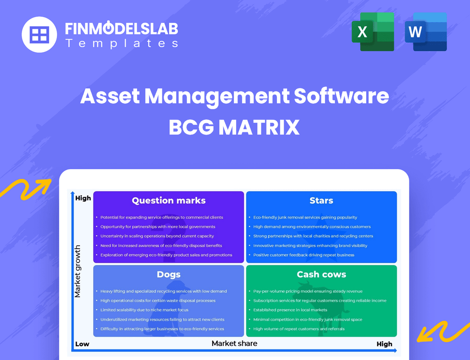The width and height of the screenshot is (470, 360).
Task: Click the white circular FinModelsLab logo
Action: click(39, 35)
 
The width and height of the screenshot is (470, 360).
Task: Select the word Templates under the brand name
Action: click(121, 43)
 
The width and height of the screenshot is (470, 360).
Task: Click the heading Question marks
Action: click(168, 201)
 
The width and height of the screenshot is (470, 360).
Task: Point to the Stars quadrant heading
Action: click(321, 201)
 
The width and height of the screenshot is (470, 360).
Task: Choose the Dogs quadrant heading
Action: click(168, 275)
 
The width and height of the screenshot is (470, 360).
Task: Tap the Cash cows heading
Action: click(321, 275)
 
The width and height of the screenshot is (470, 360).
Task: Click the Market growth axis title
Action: click(78, 271)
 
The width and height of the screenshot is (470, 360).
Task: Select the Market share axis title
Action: click(235, 343)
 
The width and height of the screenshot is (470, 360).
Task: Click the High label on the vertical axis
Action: click(83, 198)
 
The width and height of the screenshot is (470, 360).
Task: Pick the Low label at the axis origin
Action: click(82, 344)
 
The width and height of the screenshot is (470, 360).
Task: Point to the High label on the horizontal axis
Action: click(384, 344)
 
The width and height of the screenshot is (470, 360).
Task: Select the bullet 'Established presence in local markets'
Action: click(290, 310)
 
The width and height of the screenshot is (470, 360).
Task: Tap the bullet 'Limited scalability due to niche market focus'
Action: click(144, 310)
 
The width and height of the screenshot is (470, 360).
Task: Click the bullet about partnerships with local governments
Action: click(158, 227)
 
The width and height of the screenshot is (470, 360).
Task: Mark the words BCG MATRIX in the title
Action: click(235, 127)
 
